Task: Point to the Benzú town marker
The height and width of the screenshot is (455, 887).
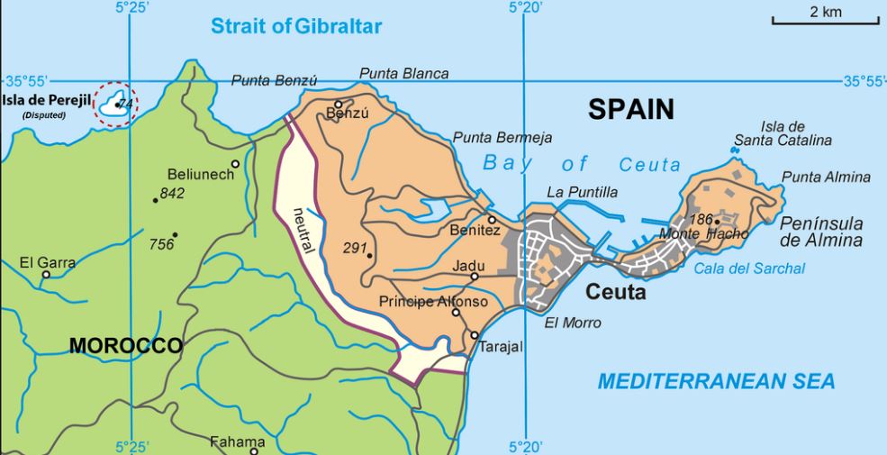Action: tap(339, 105)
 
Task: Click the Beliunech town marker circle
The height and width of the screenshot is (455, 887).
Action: tap(235, 164)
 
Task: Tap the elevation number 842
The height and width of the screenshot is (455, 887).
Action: tap(171, 194)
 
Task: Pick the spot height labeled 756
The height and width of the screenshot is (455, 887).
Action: tap(161, 243)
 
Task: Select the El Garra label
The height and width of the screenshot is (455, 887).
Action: tap(48, 263)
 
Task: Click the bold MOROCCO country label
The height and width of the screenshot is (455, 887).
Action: tap(126, 346)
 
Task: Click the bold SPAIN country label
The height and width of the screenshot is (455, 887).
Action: tap(630, 110)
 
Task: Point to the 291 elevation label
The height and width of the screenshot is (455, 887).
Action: tap(355, 247)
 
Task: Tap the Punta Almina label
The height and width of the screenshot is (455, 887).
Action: tap(826, 177)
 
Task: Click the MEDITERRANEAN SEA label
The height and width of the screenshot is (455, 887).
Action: tap(716, 381)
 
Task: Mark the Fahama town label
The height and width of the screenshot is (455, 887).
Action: tap(237, 441)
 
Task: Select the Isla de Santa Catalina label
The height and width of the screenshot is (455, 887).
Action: tap(782, 133)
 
